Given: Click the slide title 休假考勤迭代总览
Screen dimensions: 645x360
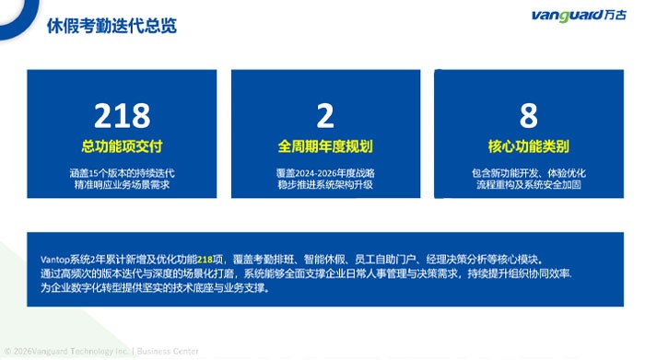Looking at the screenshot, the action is point(111,26).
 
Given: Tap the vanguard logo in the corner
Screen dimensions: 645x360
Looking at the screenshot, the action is point(579,16).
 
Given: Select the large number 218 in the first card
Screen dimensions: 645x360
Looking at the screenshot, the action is point(123,115).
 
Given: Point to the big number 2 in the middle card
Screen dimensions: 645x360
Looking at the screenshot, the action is point(325,115).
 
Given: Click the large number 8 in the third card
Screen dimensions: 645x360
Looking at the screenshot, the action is point(529,115).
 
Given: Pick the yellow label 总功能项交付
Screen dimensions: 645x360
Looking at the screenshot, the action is point(123,146).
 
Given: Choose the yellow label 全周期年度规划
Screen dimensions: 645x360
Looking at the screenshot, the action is point(325,146).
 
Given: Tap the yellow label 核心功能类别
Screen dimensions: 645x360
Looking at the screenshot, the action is point(529,146).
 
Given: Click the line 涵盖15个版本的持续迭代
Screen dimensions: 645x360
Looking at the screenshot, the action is point(123,173).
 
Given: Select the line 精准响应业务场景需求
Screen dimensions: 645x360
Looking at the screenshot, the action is point(123,184).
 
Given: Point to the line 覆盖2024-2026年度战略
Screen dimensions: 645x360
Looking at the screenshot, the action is point(325,173).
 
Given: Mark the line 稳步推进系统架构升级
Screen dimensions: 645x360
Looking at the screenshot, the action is point(325,184).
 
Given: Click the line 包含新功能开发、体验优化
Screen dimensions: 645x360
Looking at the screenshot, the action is point(529,173).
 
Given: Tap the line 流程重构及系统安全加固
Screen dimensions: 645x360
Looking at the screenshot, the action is point(529,184).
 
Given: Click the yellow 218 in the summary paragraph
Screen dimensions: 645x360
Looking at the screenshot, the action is point(205,260).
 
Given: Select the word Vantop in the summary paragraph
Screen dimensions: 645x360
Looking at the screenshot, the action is point(55,260).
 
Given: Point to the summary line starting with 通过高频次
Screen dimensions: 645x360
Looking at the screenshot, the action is point(306,273).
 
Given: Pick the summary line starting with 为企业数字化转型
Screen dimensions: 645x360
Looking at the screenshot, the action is point(156,287).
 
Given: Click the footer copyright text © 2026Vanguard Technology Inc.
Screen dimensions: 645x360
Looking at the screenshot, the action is point(66,352).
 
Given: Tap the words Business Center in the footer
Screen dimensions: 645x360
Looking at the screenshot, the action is point(168,352).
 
